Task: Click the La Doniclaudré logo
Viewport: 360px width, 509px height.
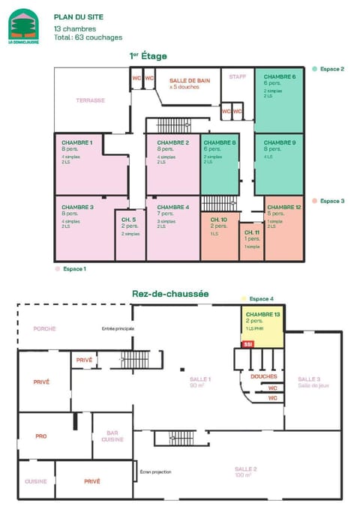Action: tap(23, 26)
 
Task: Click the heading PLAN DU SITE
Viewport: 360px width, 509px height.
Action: tap(79, 16)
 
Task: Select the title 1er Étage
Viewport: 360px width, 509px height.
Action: tap(148, 55)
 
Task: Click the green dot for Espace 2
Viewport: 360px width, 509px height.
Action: tap(316, 69)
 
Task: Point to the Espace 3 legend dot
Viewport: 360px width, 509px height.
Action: tap(316, 201)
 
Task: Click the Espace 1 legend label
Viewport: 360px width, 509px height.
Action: tap(74, 268)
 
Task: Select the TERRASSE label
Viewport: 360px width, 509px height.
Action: tap(91, 100)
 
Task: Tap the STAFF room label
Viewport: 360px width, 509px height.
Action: tap(238, 76)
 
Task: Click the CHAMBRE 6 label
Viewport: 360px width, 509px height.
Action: tap(279, 76)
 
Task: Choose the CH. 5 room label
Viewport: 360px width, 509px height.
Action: tap(128, 219)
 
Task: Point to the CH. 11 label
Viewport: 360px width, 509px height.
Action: tap(251, 233)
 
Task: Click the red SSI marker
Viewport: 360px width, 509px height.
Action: tap(247, 343)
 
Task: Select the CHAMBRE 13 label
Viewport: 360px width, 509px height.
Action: tap(262, 314)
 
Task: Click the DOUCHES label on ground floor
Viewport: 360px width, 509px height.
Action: tap(264, 376)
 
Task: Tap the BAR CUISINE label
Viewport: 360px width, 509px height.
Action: tap(112, 436)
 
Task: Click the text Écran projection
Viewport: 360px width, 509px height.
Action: tap(155, 472)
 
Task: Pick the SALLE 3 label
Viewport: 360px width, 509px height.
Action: tap(309, 379)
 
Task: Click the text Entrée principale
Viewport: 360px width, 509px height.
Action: tap(118, 328)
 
